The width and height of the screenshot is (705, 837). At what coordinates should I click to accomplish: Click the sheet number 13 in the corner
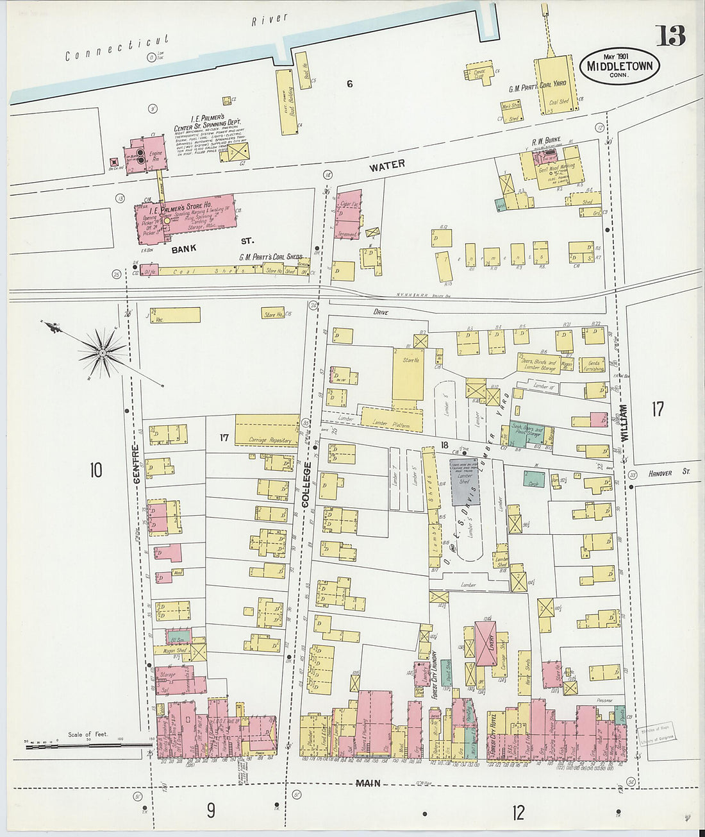click(670, 36)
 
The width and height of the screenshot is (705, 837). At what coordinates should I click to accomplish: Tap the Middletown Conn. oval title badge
click(619, 66)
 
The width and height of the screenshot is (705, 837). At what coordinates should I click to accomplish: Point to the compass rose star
click(103, 352)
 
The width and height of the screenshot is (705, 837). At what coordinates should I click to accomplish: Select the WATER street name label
click(386, 165)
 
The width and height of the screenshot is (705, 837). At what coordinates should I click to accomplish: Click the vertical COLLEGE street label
click(306, 484)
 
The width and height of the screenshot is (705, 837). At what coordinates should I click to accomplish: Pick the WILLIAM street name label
click(624, 421)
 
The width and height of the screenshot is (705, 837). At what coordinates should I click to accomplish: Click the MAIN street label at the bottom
click(368, 783)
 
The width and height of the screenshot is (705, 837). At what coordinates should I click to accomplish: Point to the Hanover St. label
click(668, 473)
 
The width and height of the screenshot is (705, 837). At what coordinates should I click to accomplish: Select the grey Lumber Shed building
click(465, 480)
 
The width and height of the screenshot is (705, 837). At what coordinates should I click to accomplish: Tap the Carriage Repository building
click(267, 430)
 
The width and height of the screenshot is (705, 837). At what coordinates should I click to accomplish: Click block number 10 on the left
click(95, 471)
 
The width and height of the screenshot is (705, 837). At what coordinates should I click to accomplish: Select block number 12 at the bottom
click(518, 813)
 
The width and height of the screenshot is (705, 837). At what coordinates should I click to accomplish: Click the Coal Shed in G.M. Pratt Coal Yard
click(555, 87)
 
